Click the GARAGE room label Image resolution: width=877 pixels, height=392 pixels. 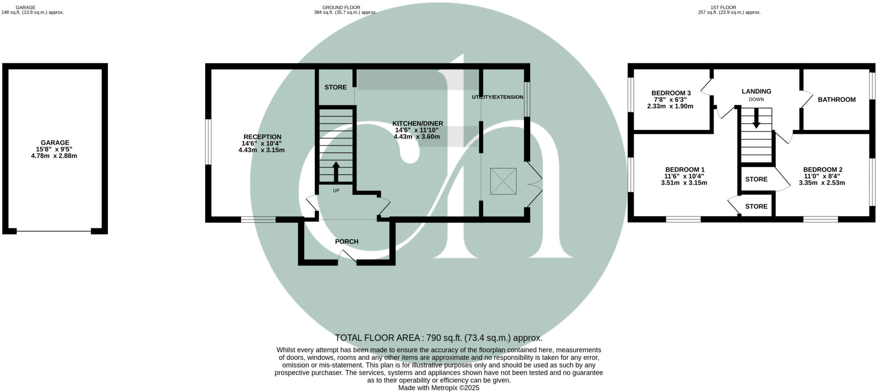55,143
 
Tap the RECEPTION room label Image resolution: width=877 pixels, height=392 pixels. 262,137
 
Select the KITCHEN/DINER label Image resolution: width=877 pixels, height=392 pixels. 418,123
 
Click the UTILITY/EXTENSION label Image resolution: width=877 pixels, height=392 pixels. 497,97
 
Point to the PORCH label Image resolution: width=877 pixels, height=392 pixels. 346,242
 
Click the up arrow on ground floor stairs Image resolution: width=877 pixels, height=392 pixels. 336,171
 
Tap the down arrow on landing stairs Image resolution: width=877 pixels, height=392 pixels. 756,118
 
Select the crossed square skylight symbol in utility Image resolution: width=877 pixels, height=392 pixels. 503,182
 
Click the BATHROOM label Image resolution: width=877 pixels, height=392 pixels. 836,100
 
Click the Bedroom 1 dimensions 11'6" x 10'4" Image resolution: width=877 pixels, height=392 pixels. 684,176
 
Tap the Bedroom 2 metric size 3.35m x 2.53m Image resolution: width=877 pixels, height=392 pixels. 822,183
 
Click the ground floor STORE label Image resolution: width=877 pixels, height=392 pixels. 335,87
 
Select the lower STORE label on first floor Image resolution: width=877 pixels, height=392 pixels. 756,206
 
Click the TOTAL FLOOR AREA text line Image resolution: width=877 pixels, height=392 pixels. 438,338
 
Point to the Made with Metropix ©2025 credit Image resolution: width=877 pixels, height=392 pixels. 438,388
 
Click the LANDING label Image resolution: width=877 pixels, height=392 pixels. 756,91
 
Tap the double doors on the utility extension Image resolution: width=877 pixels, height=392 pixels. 534,184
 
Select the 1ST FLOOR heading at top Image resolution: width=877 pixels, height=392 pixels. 729,7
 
